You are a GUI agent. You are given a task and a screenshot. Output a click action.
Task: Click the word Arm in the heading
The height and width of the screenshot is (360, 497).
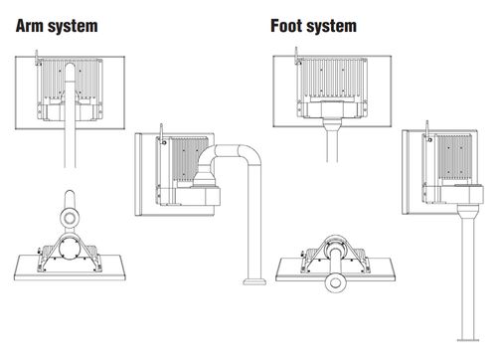point(29,26)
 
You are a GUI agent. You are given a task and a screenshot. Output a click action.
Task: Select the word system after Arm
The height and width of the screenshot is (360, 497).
point(73,27)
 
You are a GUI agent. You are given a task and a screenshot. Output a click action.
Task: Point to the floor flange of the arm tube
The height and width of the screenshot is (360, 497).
point(254,281)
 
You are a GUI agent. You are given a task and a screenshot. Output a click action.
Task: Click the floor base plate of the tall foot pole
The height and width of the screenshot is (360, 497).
point(468,340)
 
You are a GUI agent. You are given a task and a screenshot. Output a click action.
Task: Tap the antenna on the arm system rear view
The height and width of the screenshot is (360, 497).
point(37,57)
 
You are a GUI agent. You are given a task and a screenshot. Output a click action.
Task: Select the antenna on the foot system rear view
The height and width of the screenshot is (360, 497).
point(296,55)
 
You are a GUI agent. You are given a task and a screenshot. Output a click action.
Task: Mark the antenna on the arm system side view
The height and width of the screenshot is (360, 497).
point(162,131)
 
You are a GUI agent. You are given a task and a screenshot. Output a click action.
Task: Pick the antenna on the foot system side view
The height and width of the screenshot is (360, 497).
point(427,128)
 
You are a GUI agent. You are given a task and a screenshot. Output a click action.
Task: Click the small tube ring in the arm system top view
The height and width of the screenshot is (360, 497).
point(70,218)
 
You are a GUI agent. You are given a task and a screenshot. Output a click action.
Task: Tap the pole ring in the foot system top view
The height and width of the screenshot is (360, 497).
point(335,282)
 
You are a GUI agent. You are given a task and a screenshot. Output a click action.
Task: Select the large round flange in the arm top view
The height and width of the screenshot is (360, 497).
point(70,249)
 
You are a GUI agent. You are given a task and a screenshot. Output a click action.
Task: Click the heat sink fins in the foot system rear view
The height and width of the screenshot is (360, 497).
point(332,78)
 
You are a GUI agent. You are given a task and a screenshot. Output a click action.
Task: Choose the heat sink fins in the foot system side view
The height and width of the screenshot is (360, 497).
point(454,157)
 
